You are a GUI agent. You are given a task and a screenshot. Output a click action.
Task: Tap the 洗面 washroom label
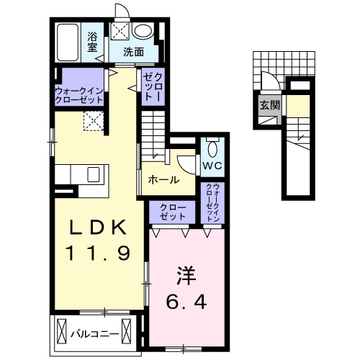[x=132, y=52]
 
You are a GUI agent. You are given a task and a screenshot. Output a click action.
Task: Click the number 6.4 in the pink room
[x=189, y=302]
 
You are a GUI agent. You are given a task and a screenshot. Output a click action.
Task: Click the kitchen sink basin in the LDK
[x=94, y=175]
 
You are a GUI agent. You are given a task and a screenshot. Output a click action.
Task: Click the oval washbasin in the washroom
[x=143, y=30]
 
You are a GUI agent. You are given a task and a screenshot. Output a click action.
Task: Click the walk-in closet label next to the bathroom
[x=80, y=94]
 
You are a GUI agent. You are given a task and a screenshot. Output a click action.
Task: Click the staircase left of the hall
[x=153, y=137]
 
